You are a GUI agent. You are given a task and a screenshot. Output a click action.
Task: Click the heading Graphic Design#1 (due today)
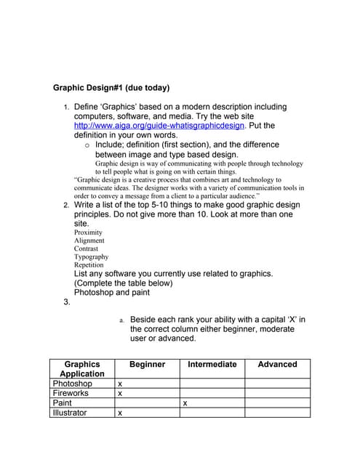(111, 88)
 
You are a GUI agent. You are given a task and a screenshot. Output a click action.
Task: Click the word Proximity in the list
(88, 232)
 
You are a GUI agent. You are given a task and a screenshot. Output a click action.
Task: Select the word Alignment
(89, 240)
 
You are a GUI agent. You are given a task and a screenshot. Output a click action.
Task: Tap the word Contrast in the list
(86, 248)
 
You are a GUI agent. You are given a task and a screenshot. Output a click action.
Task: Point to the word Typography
(91, 256)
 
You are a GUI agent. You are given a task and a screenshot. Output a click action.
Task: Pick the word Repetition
(89, 264)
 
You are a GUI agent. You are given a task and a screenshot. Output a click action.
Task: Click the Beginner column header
(147, 364)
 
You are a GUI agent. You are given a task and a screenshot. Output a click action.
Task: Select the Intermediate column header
(212, 364)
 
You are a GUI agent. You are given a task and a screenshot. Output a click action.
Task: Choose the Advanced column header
(277, 364)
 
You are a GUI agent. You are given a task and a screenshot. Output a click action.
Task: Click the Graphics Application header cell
(81, 368)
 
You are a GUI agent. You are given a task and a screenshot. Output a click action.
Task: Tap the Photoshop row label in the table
(72, 383)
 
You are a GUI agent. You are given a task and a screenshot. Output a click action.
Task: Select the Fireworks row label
(71, 393)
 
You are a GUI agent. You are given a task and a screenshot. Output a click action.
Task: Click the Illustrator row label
(69, 413)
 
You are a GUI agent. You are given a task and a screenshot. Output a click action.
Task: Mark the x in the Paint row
(185, 403)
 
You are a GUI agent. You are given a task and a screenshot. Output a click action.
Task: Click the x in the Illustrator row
(120, 413)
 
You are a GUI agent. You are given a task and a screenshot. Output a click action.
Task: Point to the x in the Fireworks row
(120, 393)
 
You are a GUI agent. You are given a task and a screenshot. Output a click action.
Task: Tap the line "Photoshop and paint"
(112, 292)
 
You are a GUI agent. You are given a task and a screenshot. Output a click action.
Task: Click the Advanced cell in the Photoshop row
(277, 383)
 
